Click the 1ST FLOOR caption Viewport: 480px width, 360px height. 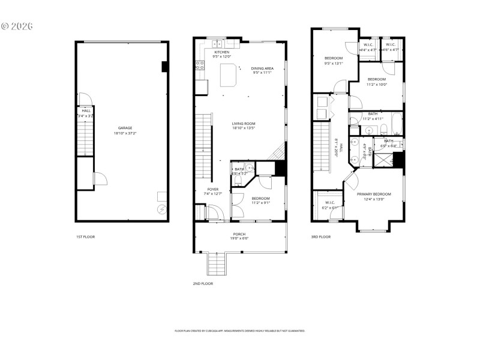pos(85,236)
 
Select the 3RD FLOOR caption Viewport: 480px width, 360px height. pos(320,236)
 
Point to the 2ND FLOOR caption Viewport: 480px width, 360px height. pos(203,283)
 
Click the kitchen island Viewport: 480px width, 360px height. pos(227,74)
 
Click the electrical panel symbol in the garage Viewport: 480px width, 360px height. pos(161,209)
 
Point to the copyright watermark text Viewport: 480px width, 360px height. pos(16,26)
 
